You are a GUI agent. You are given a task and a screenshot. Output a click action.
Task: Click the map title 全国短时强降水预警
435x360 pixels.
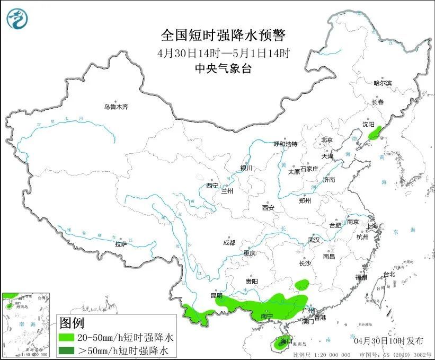pyautogui.click(x=223, y=36)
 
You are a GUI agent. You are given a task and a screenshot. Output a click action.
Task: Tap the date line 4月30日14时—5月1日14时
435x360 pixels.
pyautogui.click(x=224, y=53)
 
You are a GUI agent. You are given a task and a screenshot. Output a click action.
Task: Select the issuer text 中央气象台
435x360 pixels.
pyautogui.click(x=223, y=68)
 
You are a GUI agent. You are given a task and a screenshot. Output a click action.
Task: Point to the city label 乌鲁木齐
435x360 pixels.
pyautogui.click(x=116, y=107)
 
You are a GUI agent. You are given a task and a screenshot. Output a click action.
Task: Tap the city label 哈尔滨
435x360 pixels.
pyautogui.click(x=383, y=83)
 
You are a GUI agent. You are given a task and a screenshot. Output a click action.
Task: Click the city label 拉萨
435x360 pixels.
pyautogui.click(x=121, y=244)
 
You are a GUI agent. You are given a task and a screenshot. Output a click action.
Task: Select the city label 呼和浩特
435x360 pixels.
pyautogui.click(x=286, y=144)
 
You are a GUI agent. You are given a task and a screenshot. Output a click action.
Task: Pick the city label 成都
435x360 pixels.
pyautogui.click(x=229, y=243)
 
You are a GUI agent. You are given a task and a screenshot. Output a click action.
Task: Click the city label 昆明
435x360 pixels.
pyautogui.click(x=217, y=295)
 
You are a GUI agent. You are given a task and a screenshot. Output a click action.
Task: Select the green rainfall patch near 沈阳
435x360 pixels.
pyautogui.click(x=375, y=132)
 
